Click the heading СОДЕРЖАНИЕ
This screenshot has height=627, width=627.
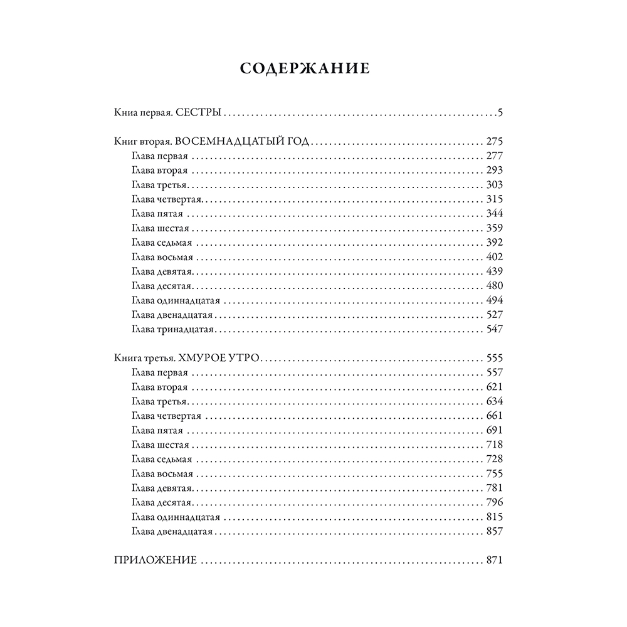305,69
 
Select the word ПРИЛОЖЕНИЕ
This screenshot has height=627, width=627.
155,561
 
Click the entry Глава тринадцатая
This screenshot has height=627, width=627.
174,329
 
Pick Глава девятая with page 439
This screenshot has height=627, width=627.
162,271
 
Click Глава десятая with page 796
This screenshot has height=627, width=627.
162,503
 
